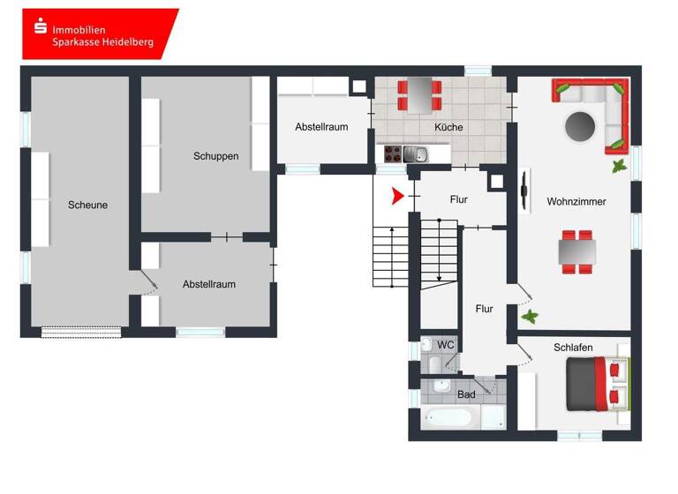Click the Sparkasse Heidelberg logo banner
point(100,34)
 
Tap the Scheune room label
point(87,205)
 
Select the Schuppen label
point(216,156)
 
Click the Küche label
point(448,127)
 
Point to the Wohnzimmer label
point(576,202)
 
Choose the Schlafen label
point(573,348)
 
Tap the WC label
point(446,344)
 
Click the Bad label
point(466,394)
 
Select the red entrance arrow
point(398,195)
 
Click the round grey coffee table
point(581,126)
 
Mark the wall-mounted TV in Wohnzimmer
point(526,191)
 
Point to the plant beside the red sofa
point(620,165)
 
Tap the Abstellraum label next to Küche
point(321,127)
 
